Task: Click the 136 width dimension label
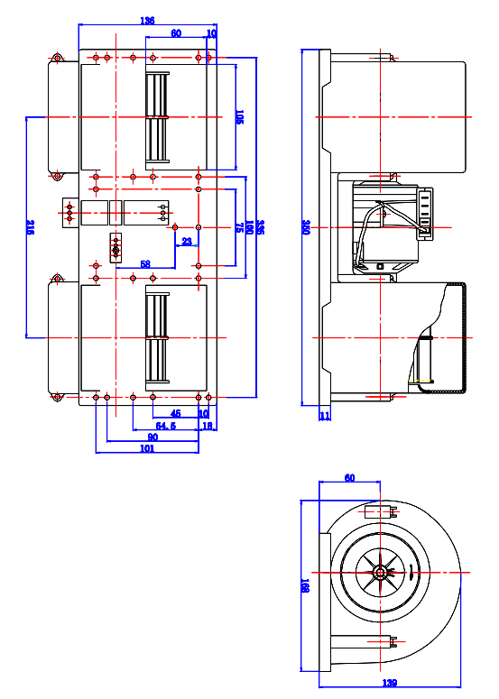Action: click(x=147, y=21)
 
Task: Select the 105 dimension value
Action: click(x=239, y=117)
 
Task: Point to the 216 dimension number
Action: click(x=30, y=227)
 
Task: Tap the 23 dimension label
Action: click(x=186, y=241)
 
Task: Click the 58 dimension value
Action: click(x=144, y=263)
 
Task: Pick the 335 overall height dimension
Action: click(x=259, y=227)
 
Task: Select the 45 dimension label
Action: click(x=176, y=414)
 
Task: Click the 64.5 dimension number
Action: click(x=165, y=426)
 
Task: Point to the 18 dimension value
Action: click(x=207, y=426)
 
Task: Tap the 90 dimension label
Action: click(x=152, y=437)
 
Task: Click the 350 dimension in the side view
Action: click(x=306, y=227)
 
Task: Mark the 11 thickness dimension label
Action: click(x=325, y=416)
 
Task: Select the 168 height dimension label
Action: click(x=306, y=586)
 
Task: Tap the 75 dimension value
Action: click(x=239, y=228)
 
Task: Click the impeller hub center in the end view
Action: click(x=382, y=572)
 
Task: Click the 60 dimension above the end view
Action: click(x=348, y=479)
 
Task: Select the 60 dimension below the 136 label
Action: click(x=175, y=32)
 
